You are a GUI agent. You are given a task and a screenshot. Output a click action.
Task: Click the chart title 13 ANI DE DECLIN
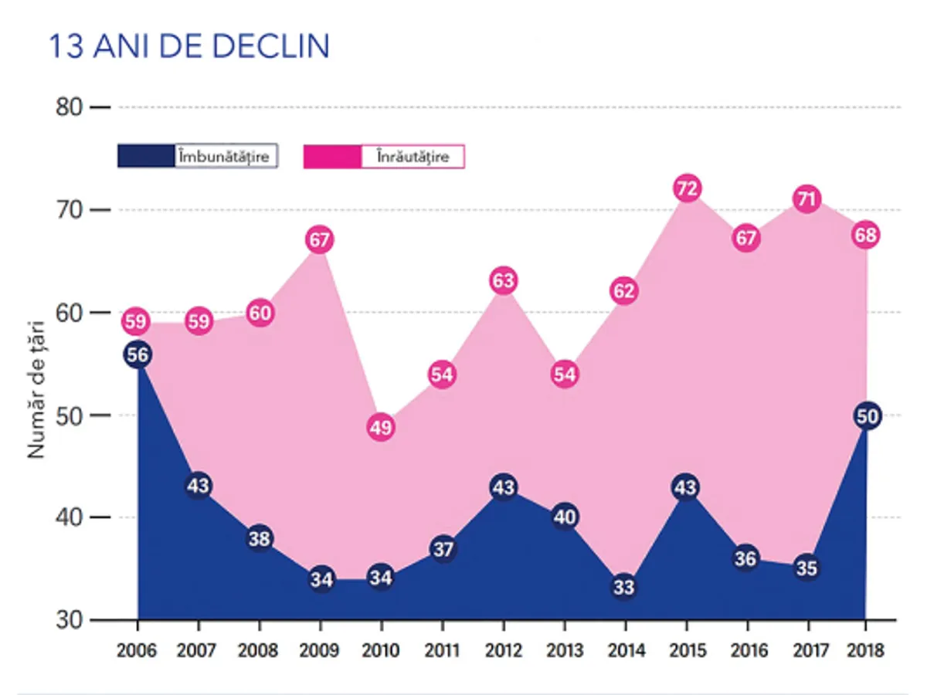click(189, 46)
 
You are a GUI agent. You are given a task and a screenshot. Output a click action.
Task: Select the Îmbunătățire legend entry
click(198, 156)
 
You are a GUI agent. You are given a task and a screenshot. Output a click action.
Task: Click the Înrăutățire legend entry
click(384, 156)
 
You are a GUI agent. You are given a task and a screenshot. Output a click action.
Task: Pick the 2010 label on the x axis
click(381, 650)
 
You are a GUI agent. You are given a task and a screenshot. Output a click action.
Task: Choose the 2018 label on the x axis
click(865, 650)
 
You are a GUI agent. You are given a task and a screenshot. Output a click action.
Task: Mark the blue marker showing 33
click(624, 588)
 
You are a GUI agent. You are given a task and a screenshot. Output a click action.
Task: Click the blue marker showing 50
click(867, 416)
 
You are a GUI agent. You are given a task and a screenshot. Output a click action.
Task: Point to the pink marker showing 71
click(806, 199)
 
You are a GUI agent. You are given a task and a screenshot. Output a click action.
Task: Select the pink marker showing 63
click(503, 281)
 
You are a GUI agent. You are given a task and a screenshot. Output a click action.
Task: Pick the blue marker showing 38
click(260, 538)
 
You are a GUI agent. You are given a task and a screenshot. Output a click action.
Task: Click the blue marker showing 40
click(564, 517)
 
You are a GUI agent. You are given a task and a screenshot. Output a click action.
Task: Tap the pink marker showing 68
click(867, 235)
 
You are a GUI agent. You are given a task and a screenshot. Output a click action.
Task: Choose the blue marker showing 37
click(443, 549)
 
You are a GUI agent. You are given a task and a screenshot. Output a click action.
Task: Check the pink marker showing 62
click(624, 292)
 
